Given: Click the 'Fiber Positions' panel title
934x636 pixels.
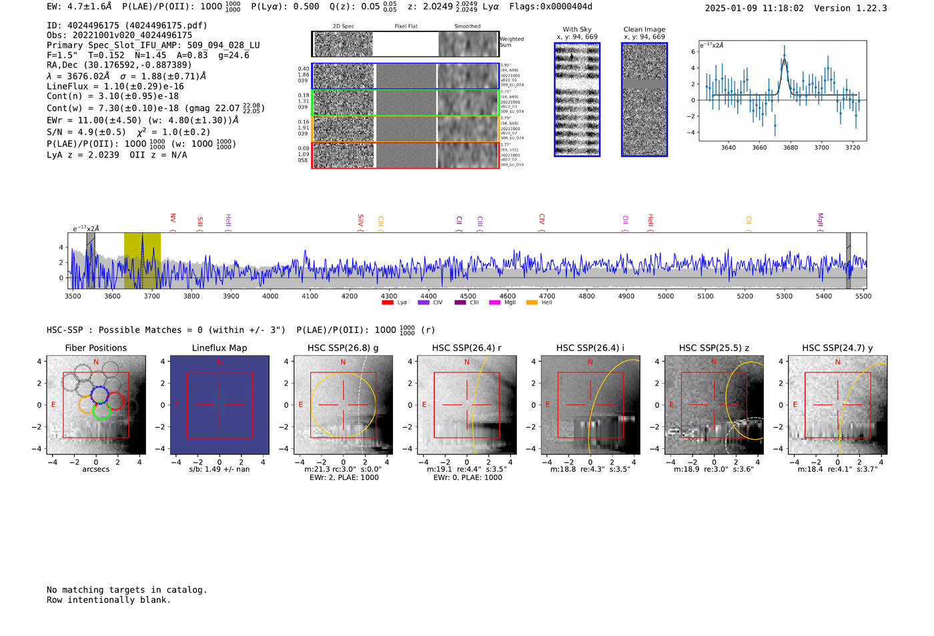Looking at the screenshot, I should click(95, 348).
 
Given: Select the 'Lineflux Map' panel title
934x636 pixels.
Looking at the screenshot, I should click(219, 348).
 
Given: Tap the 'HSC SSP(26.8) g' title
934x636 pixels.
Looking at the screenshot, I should click(343, 348).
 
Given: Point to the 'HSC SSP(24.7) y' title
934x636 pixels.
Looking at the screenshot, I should click(837, 348).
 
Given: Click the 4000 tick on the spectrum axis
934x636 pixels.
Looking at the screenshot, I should click(270, 296).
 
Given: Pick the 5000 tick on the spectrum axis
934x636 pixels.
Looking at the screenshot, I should click(666, 296).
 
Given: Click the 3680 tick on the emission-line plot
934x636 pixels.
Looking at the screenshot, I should click(791, 147).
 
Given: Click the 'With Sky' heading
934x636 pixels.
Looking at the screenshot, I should click(577, 29).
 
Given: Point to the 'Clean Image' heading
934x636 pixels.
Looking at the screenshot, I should click(644, 29).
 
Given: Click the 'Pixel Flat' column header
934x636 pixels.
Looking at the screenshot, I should click(406, 26).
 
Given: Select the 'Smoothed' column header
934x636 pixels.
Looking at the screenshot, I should click(467, 26).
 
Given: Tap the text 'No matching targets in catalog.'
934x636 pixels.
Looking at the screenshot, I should click(127, 589).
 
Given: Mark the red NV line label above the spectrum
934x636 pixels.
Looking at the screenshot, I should click(173, 218).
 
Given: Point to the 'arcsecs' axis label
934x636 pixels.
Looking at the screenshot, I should click(95, 469).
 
